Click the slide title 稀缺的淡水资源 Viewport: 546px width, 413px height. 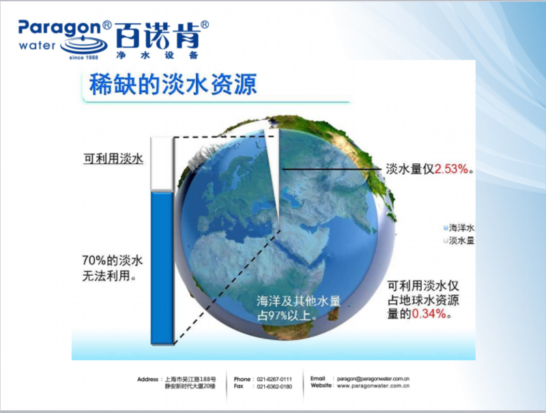(173, 84)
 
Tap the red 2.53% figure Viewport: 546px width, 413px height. (451, 169)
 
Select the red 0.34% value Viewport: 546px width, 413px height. (429, 314)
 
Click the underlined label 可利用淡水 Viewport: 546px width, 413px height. (113, 159)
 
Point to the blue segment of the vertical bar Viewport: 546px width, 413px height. (162, 268)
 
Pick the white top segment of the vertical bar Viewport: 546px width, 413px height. (162, 164)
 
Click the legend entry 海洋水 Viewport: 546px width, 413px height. (459, 228)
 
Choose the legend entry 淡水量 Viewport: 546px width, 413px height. (459, 240)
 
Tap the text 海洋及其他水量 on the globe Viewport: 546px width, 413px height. (298, 301)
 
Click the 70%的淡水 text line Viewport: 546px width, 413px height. (112, 261)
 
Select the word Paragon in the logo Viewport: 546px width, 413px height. (59, 28)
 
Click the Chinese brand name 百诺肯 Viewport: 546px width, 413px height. (158, 36)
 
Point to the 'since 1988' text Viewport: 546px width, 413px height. (83, 57)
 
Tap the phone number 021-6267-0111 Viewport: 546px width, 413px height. (274, 380)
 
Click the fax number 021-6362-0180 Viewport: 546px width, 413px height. (274, 386)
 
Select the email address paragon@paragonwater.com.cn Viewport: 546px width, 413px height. (373, 378)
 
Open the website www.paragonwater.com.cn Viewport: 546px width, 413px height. (373, 386)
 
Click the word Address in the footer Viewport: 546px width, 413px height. (147, 380)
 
